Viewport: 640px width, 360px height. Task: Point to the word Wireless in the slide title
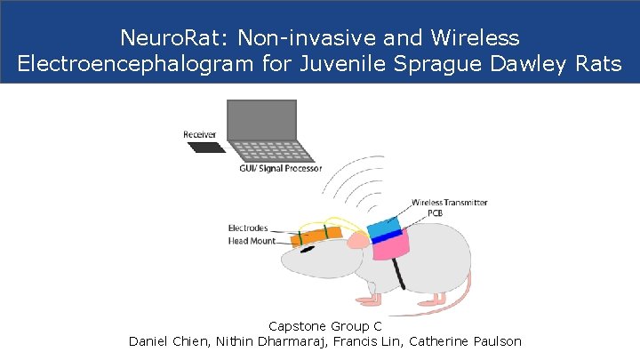476,39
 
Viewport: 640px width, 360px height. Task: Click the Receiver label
200,135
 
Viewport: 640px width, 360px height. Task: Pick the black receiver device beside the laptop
206,148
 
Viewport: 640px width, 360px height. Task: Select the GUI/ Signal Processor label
281,169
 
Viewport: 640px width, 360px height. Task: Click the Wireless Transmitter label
449,203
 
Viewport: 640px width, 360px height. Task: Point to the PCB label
436,213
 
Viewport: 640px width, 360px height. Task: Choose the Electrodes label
248,228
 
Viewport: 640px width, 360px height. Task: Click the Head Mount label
250,239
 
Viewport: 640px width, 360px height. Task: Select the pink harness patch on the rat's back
391,246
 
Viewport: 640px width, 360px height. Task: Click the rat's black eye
308,249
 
